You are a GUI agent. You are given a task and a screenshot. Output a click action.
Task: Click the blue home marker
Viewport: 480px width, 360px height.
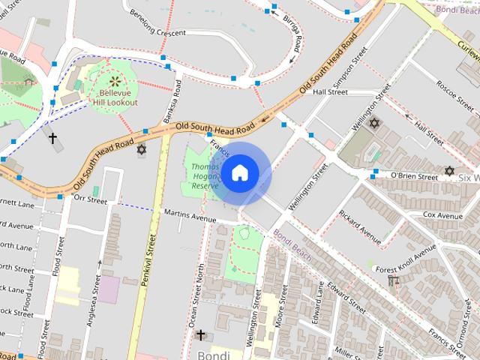tap(239, 173)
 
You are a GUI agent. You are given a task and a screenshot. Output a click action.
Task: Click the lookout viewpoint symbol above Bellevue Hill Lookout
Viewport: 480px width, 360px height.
tap(115, 80)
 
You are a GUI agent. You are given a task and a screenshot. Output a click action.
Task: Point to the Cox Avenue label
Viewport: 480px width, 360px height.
tap(442, 215)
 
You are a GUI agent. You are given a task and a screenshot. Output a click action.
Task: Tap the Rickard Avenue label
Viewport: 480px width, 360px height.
tap(360, 225)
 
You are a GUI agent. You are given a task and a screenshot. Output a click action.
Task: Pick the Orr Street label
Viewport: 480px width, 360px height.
tap(91, 199)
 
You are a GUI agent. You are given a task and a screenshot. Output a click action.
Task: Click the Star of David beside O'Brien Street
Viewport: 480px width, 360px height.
tap(449, 171)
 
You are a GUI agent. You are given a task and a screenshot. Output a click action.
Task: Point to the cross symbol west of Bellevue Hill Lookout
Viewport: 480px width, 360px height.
tap(53, 138)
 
